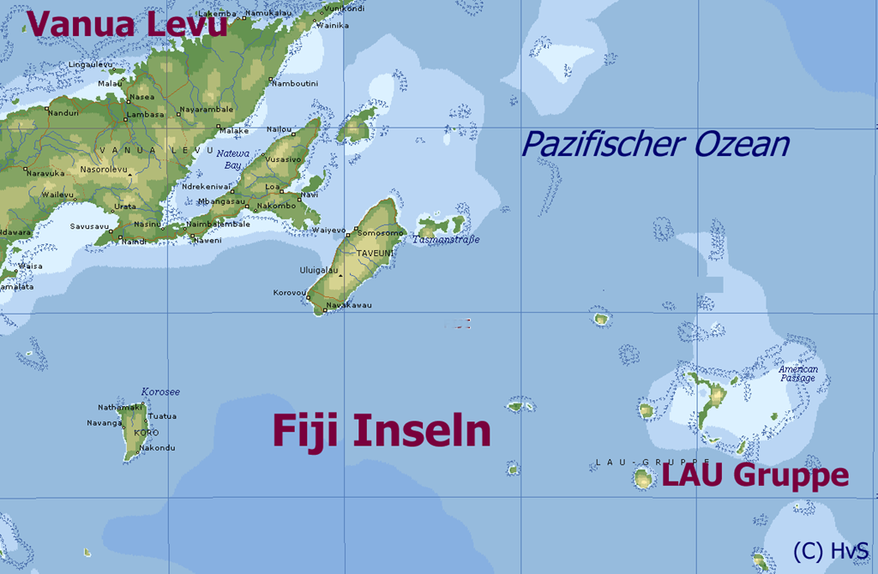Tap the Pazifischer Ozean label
tap(655, 144)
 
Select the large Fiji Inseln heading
tap(382, 430)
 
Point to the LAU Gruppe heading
tap(755, 475)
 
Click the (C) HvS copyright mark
tap(831, 550)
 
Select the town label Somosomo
tap(380, 233)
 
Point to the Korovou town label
tap(289, 293)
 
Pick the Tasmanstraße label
tap(446, 240)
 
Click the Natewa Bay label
tap(237, 158)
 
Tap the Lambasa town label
tap(145, 115)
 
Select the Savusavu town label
tap(89, 226)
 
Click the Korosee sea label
tap(160, 392)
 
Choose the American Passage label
tap(798, 374)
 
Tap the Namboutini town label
tap(295, 83)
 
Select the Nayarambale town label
tap(207, 110)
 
